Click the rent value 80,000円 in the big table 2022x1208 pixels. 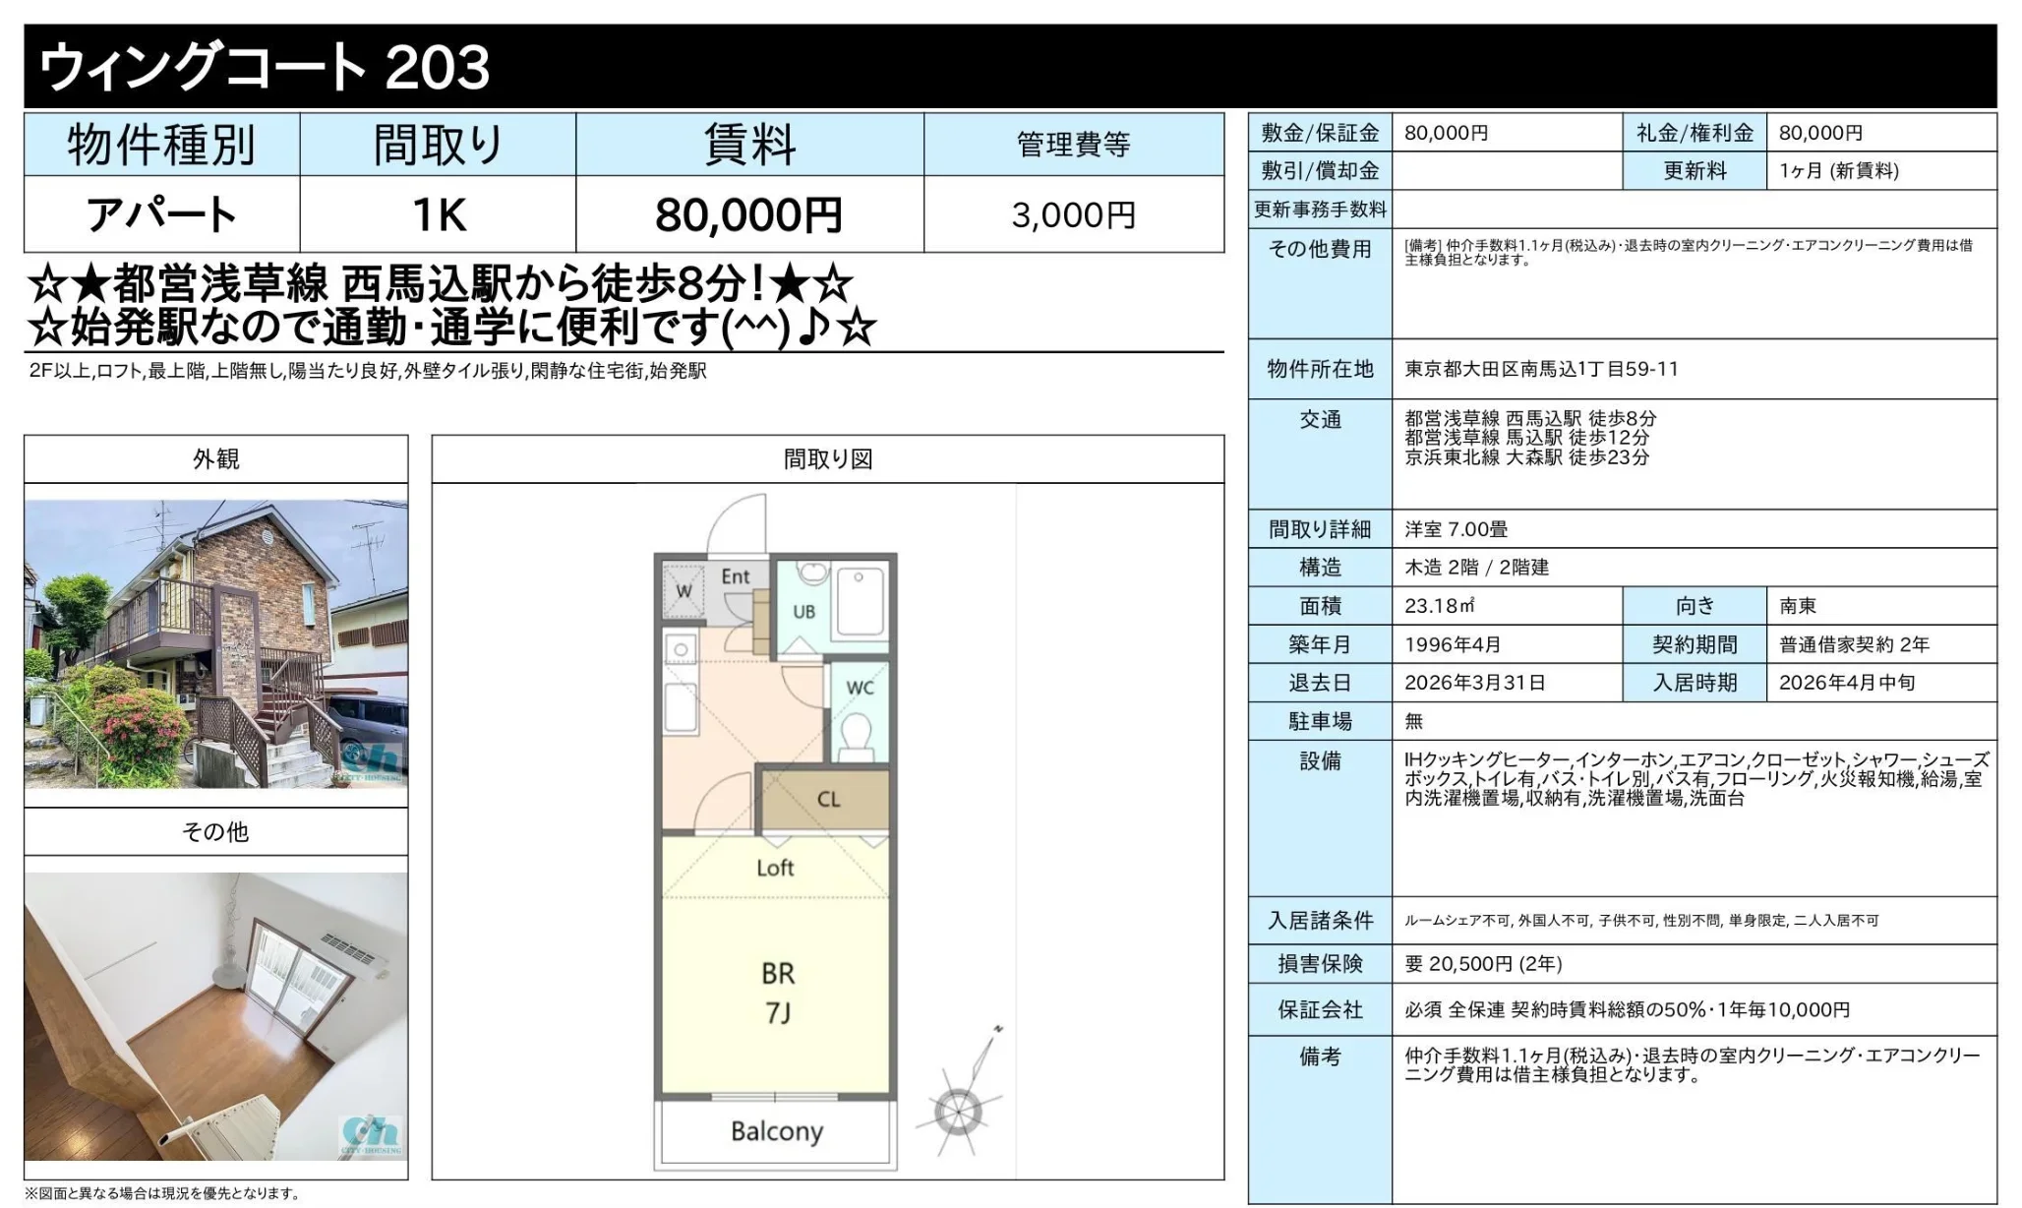point(748,214)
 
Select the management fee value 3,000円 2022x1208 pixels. point(1073,215)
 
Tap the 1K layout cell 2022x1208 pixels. point(439,214)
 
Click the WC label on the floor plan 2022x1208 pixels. point(860,688)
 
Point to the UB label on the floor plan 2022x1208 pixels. point(804,612)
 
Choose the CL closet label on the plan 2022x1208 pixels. point(828,799)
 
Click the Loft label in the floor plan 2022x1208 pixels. point(775,868)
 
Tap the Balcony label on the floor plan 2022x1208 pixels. point(776,1131)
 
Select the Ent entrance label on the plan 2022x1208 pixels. point(736,576)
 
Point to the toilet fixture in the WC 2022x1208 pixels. point(857,738)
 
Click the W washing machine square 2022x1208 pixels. point(684,590)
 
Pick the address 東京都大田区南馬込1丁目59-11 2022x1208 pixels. point(1541,369)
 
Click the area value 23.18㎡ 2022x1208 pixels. point(1439,606)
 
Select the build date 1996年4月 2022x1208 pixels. point(1453,644)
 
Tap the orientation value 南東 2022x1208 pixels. point(1798,606)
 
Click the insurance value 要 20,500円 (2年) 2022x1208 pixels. point(1483,964)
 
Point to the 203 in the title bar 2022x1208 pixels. point(438,67)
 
